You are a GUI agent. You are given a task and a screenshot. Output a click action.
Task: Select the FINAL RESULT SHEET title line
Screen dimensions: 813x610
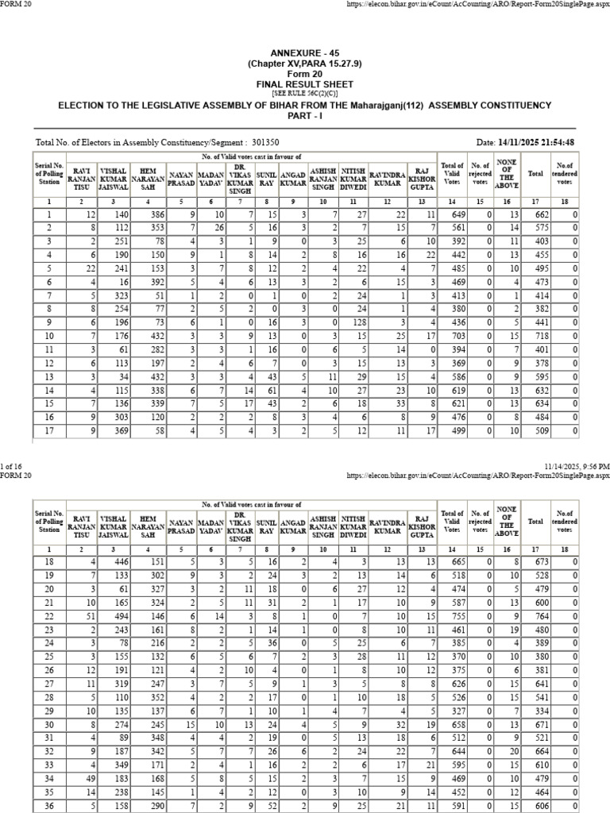pyautogui.click(x=305, y=83)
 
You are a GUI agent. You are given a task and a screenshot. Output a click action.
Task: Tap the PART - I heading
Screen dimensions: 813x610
pyautogui.click(x=305, y=116)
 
